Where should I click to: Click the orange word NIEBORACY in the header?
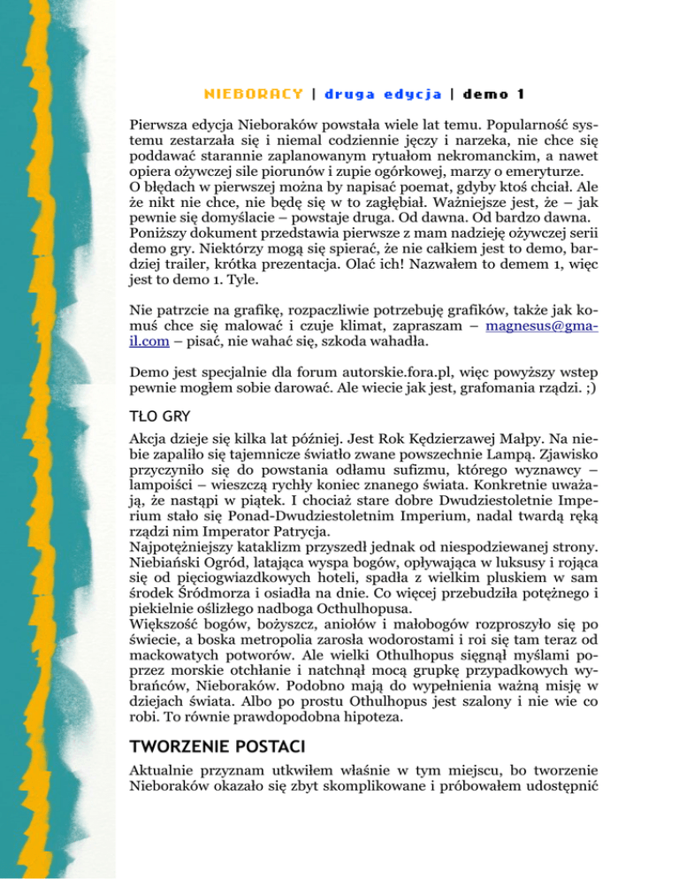[255, 93]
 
